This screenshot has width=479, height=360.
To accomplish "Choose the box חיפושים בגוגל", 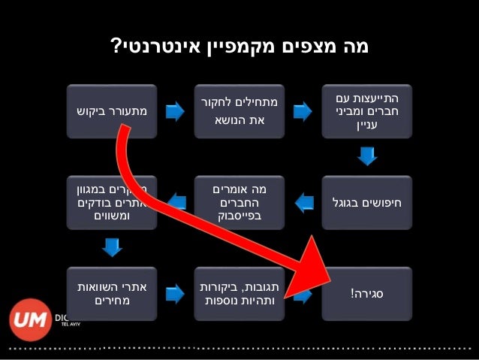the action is (x=366, y=202).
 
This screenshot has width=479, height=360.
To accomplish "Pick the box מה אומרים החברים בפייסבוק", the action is (x=239, y=202).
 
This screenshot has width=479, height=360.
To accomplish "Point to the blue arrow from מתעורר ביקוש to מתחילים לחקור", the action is (x=175, y=112).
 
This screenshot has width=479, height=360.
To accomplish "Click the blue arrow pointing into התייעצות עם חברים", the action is (x=303, y=112).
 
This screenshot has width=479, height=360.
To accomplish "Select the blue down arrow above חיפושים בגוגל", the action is (x=366, y=156).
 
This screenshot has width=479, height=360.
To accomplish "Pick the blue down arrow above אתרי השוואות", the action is (x=111, y=247).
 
